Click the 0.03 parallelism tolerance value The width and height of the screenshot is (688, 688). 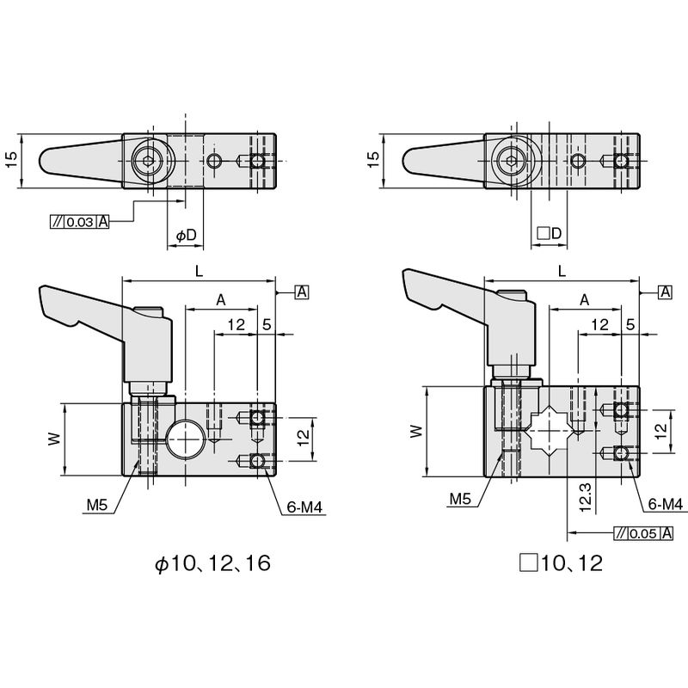(80, 222)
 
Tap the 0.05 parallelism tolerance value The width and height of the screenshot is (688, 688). (643, 533)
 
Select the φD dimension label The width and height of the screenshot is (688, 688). (186, 236)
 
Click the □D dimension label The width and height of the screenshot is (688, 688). (550, 233)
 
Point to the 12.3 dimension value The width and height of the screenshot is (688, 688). (586, 497)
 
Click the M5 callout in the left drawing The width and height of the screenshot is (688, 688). (97, 505)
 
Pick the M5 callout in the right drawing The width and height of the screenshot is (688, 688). (460, 499)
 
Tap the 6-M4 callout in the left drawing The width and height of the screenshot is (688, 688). (304, 507)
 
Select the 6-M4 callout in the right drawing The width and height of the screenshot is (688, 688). (666, 504)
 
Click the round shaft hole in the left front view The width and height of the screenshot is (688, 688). (186, 439)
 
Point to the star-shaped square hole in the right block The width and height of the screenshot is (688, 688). (549, 432)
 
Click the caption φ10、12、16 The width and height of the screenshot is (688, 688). (212, 563)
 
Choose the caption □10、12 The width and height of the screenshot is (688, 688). (562, 563)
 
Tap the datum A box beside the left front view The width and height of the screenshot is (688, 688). (303, 292)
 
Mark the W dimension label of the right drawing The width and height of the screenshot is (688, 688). (416, 432)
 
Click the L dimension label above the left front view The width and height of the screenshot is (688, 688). (200, 271)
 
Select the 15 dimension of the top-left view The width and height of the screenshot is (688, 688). (12, 159)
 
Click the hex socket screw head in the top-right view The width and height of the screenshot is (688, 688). (511, 161)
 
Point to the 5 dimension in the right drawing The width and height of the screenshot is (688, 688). (630, 325)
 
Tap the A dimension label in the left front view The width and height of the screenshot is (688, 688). (221, 300)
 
